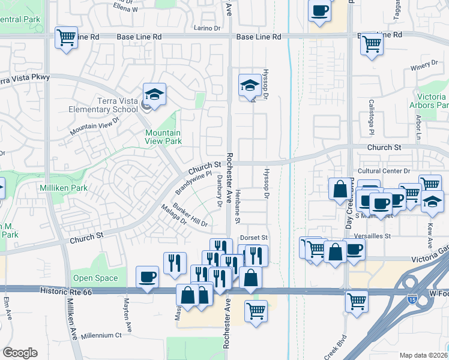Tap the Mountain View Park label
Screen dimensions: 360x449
pyautogui.click(x=163, y=137)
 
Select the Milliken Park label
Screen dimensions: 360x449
pyautogui.click(x=63, y=188)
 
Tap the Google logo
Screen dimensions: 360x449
pyautogui.click(x=20, y=353)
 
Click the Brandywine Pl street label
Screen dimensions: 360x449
pyautogui.click(x=193, y=183)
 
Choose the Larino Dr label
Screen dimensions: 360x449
pyautogui.click(x=208, y=28)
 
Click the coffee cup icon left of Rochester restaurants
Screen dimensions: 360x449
pyautogui.click(x=148, y=277)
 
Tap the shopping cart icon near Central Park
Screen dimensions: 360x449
pyautogui.click(x=66, y=37)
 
